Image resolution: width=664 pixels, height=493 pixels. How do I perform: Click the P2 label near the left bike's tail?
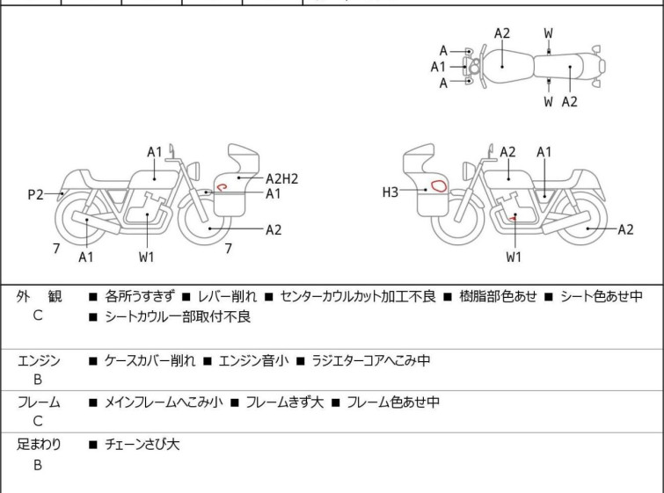[35, 194]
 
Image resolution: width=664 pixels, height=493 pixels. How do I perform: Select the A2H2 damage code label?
[282, 178]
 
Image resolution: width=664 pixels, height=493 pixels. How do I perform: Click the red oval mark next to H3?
[436, 185]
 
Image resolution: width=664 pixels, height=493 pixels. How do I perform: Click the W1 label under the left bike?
[146, 257]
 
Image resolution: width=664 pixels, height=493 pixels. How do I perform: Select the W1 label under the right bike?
[514, 257]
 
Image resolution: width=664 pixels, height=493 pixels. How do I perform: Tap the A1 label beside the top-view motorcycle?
[438, 66]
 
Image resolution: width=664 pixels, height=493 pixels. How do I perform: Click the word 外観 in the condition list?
[39, 297]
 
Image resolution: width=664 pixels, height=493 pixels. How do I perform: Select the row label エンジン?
[39, 361]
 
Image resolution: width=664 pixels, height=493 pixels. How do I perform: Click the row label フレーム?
[39, 402]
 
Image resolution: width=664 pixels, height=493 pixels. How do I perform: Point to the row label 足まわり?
[39, 445]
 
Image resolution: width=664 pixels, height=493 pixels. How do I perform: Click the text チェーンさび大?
[142, 445]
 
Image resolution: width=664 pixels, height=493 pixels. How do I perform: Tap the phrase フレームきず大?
[285, 402]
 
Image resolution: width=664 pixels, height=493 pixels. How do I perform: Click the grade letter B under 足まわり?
[38, 466]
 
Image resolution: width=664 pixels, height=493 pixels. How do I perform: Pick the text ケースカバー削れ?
[150, 361]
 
